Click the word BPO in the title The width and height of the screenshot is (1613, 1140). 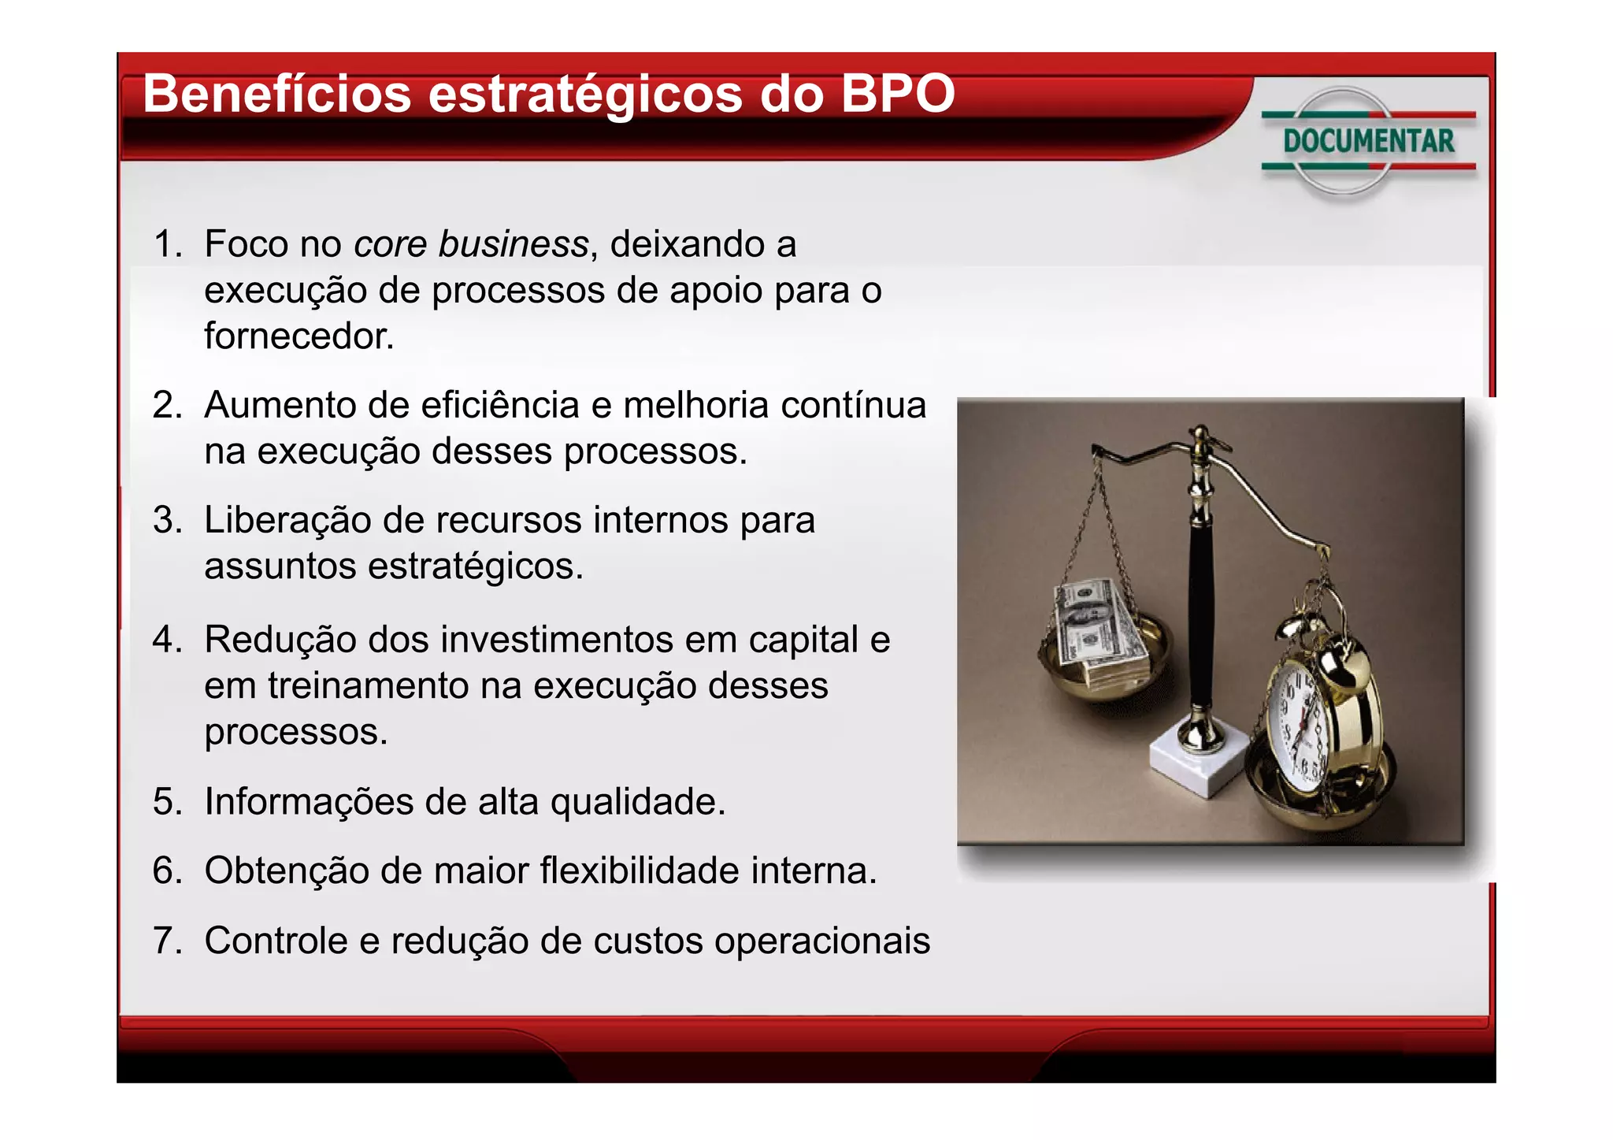click(897, 94)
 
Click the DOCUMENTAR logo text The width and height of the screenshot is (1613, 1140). click(1369, 142)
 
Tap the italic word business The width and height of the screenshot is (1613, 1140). click(513, 244)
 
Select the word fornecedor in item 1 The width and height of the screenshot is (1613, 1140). click(298, 336)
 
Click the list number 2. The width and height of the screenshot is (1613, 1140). click(166, 406)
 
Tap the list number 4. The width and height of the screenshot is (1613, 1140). click(166, 639)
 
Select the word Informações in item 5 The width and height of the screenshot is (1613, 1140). click(308, 802)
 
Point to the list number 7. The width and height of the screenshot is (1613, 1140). click(166, 941)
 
